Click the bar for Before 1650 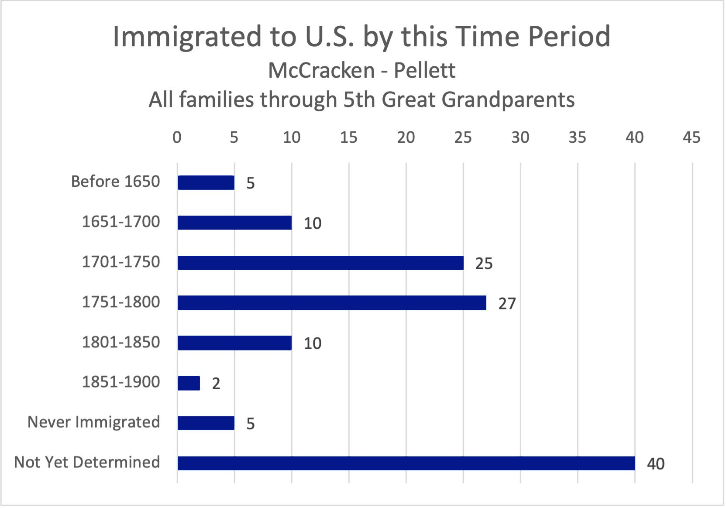click(x=206, y=182)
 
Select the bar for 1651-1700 click(x=234, y=223)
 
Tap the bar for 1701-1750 click(x=320, y=263)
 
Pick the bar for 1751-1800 click(x=332, y=303)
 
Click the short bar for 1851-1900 click(x=189, y=383)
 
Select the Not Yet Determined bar click(x=406, y=463)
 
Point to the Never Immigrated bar click(x=206, y=423)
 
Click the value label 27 click(x=507, y=304)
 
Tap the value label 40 click(x=655, y=464)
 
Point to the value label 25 click(x=484, y=264)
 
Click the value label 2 click(x=216, y=384)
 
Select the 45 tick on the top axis click(x=692, y=137)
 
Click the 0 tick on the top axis click(x=177, y=137)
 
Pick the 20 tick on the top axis click(x=406, y=137)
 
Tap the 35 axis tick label click(x=577, y=137)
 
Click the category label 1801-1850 click(x=121, y=342)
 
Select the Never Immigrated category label click(x=93, y=422)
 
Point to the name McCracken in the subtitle click(x=321, y=71)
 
